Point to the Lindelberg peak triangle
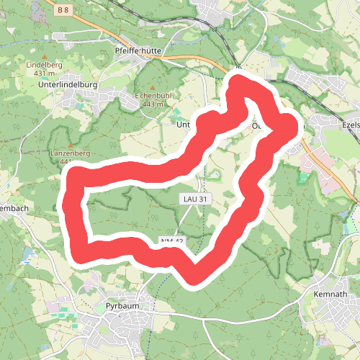point(45,56)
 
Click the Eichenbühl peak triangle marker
point(151,87)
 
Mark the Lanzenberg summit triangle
point(71,144)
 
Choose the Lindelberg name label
point(45,65)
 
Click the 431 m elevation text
point(45,73)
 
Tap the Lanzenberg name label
point(70,153)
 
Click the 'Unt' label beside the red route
point(183,124)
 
